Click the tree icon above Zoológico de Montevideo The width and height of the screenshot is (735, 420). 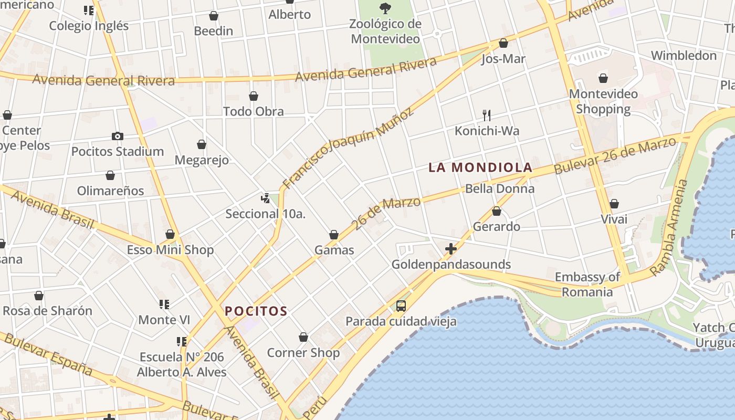coord(386,8)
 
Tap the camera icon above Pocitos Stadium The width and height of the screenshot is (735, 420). coord(118,136)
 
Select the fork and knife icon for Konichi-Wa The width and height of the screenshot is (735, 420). coord(487,115)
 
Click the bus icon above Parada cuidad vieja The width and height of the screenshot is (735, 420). coord(401,306)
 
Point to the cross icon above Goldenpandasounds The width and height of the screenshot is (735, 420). coord(451,249)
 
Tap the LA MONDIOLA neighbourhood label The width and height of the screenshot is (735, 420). coord(480,167)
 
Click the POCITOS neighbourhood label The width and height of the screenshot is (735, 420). coord(256,311)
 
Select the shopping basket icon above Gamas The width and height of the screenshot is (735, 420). coord(334,235)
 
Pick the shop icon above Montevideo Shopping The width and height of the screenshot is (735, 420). coord(603,79)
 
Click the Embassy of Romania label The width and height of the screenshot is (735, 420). coord(587,285)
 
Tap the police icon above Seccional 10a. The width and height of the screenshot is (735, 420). coord(265,198)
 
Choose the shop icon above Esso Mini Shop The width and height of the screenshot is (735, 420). coord(170,234)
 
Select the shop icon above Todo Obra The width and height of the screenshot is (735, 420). coord(254,96)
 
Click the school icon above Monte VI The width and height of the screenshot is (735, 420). coord(164,304)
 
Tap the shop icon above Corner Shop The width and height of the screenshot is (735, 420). coord(303,337)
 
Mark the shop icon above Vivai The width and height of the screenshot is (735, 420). coord(614,204)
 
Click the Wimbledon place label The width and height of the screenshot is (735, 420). coord(684,56)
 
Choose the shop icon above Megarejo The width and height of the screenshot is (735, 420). coord(202,144)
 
